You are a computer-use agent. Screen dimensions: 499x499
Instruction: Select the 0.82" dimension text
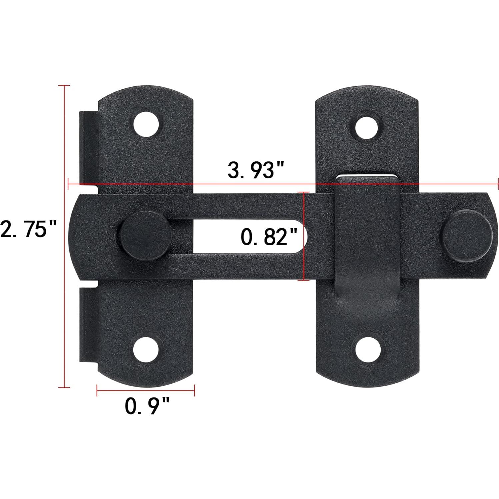point(269,237)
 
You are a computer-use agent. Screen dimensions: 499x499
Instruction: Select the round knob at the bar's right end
point(466,235)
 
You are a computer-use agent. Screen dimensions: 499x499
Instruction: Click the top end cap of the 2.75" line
point(64,86)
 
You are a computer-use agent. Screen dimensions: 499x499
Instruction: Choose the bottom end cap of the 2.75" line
point(64,387)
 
